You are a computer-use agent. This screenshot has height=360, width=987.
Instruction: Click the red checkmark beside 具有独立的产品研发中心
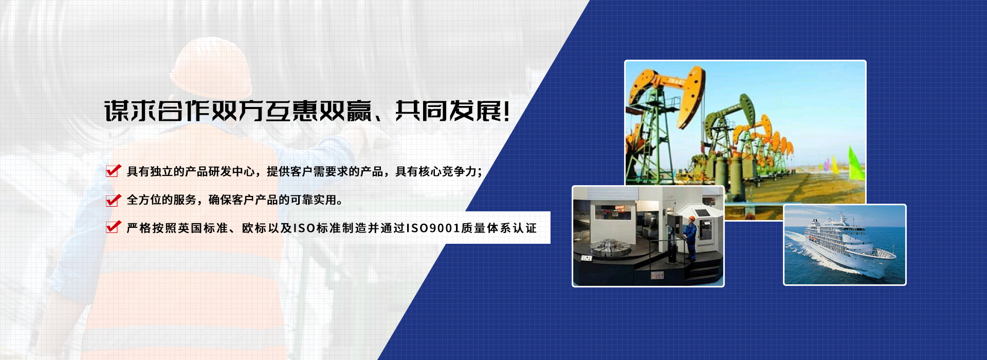[113, 170]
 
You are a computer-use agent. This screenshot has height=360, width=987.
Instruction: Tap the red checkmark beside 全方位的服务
[113, 199]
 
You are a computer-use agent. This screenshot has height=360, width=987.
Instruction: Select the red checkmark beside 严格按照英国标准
[113, 227]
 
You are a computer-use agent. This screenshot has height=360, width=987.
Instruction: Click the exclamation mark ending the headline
[507, 111]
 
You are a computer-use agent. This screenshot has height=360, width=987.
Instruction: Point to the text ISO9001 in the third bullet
[433, 228]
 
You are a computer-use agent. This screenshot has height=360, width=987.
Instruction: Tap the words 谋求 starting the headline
[130, 111]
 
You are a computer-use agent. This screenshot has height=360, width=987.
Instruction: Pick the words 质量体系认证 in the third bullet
[499, 228]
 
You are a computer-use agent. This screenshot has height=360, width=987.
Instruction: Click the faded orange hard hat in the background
[211, 67]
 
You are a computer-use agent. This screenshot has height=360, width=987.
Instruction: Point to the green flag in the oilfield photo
[855, 164]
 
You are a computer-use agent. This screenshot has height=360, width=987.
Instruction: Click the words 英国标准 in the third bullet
[204, 228]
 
